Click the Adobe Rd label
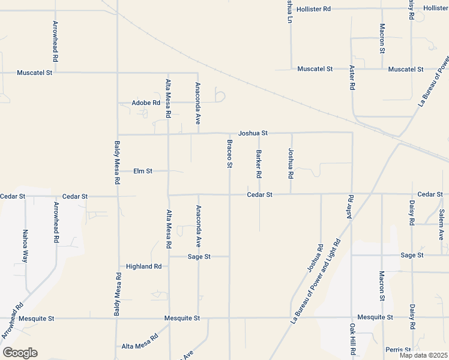pyautogui.click(x=146, y=103)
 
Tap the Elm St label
pyautogui.click(x=143, y=171)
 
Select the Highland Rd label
pyautogui.click(x=144, y=266)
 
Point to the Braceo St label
pyautogui.click(x=229, y=154)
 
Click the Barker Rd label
pyautogui.click(x=259, y=164)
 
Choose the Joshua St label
pyautogui.click(x=253, y=133)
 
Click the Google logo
pyautogui.click(x=20, y=353)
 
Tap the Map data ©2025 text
pyautogui.click(x=424, y=355)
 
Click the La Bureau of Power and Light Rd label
pyautogui.click(x=316, y=281)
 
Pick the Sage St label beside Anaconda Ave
pyautogui.click(x=199, y=256)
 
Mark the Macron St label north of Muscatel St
pyautogui.click(x=382, y=38)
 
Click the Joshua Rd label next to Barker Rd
pyautogui.click(x=291, y=164)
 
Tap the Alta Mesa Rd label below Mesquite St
pyautogui.click(x=139, y=346)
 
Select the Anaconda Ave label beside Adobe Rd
pyautogui.click(x=197, y=104)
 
